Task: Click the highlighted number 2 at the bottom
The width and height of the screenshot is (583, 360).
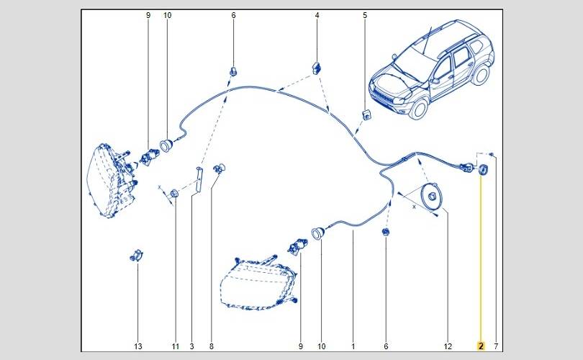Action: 481,346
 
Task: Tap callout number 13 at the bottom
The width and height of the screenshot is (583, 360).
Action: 138,346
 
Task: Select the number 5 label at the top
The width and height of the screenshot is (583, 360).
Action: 365,15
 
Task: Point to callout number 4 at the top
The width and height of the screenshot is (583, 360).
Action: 317,15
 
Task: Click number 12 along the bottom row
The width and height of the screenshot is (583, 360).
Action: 448,346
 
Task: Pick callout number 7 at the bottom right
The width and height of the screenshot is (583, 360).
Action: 496,346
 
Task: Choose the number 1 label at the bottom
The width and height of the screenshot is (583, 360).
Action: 353,346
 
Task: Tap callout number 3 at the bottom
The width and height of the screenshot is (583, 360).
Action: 192,346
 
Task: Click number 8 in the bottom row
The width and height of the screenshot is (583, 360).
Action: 212,346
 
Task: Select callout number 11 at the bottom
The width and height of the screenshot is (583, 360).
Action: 176,346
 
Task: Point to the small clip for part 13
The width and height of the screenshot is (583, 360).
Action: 137,256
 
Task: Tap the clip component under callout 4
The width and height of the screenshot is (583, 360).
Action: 317,68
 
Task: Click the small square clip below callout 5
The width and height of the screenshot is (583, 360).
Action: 366,114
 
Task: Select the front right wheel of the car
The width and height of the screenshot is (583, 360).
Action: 418,109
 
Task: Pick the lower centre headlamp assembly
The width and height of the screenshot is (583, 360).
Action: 258,283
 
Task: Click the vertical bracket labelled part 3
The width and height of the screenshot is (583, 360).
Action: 198,180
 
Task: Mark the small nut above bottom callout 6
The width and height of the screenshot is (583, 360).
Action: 386,232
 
